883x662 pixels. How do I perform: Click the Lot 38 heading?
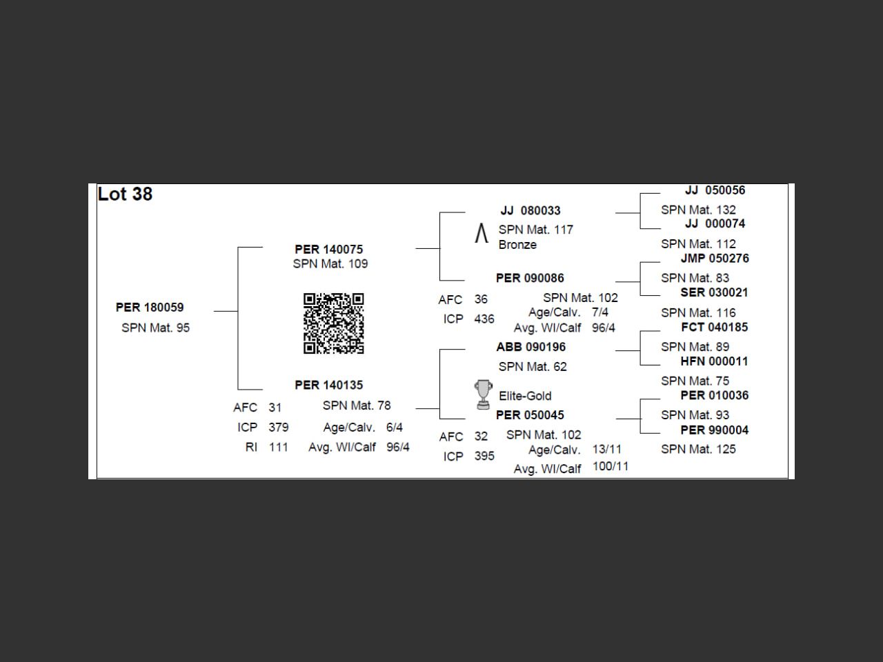coord(125,194)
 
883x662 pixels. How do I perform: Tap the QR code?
coord(334,323)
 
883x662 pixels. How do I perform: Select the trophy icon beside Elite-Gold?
coord(483,394)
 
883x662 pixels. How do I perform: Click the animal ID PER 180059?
coord(150,308)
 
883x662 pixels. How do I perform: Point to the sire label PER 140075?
coord(328,250)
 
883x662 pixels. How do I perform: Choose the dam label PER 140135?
coord(328,385)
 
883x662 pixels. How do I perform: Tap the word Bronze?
coord(517,245)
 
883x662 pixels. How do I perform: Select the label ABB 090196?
coord(530,348)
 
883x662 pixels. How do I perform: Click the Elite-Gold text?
coord(525,397)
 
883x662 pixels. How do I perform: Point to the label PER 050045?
coord(530,415)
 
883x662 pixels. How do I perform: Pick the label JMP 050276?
coord(714,259)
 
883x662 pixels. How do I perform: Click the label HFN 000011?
coord(714,361)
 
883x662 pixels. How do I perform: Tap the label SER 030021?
coord(714,293)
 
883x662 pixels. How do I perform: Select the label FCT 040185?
coord(714,328)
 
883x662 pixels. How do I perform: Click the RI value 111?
coord(278,448)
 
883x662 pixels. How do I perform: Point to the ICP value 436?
coord(484,319)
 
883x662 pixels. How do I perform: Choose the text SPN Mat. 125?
coord(698,450)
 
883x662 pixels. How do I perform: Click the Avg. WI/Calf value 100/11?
coord(611,467)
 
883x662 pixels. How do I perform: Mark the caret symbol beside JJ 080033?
coord(482,234)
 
